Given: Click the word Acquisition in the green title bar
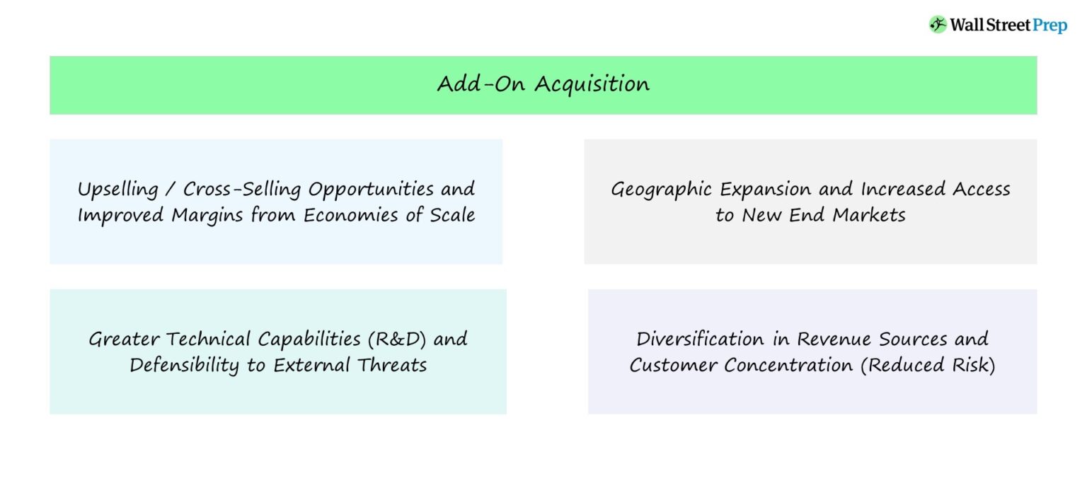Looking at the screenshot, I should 592,84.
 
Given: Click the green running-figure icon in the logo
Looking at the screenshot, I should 938,25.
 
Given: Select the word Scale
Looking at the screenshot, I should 452,215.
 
